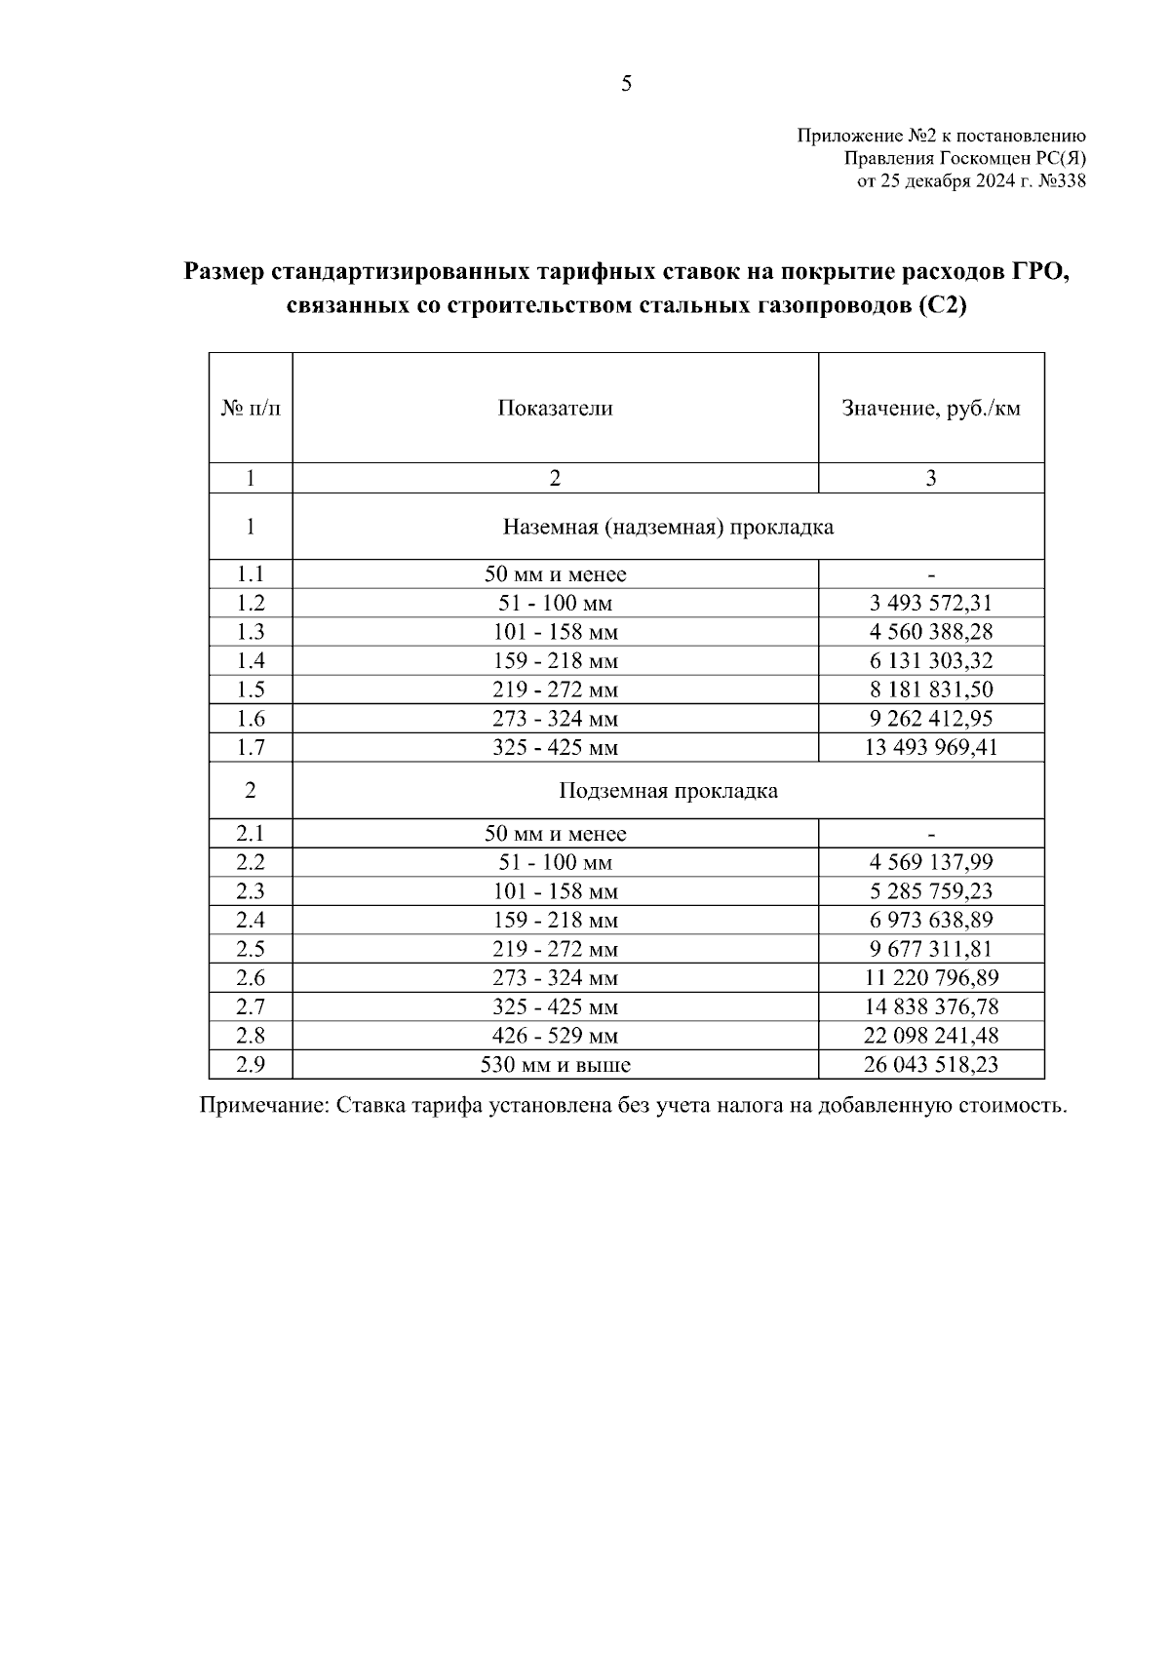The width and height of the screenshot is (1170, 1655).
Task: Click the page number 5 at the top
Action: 626,84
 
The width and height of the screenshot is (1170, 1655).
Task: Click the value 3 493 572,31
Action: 930,604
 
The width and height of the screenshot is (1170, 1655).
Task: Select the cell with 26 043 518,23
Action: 930,1065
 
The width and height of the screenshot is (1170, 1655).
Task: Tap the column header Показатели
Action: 555,409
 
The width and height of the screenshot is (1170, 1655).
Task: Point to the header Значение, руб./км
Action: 930,409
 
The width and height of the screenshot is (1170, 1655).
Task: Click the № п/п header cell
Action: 251,409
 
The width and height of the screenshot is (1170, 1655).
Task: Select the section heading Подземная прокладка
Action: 668,791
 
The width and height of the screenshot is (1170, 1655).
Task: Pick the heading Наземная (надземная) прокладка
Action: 668,528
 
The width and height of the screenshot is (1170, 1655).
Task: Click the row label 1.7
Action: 251,748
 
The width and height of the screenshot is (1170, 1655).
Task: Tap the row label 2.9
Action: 251,1065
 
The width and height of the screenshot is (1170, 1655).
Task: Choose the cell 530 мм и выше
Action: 555,1065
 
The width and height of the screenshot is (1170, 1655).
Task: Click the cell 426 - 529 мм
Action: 555,1036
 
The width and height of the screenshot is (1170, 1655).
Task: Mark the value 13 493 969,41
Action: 930,748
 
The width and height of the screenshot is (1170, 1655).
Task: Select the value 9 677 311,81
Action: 930,949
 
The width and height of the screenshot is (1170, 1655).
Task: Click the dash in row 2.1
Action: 931,835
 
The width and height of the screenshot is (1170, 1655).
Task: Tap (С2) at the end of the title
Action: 941,306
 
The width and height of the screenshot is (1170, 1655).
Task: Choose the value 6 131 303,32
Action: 930,661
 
